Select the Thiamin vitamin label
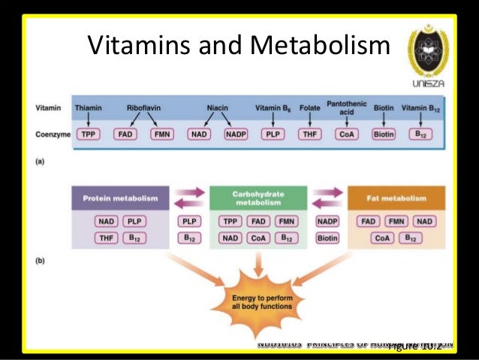[89, 108]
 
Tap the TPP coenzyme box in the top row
[89, 135]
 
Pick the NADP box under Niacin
[236, 135]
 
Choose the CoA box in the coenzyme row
[346, 135]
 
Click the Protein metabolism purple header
[120, 198]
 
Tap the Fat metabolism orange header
[396, 198]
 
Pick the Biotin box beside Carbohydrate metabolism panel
[327, 238]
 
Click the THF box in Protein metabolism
[106, 238]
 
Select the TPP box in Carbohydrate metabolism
[231, 222]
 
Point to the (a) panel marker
[41, 159]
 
